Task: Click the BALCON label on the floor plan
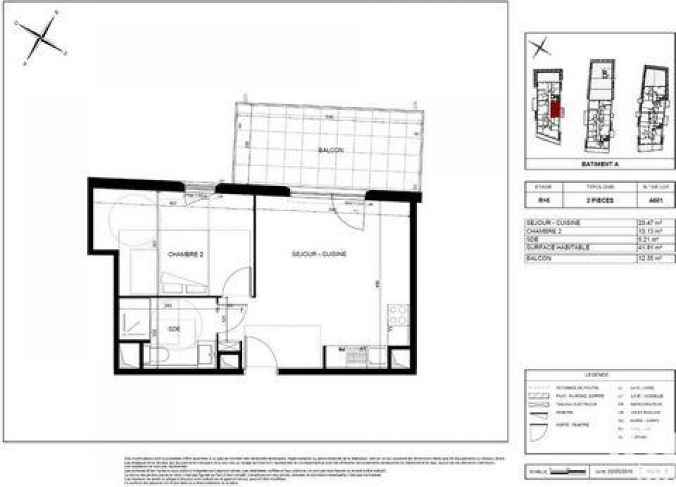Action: [x=331, y=150]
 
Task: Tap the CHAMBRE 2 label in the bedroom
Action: [x=185, y=254]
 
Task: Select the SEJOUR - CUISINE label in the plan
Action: [x=319, y=254]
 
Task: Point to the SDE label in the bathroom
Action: [x=174, y=329]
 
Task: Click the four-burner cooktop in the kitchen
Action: [x=397, y=315]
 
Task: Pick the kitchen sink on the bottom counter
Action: [x=355, y=356]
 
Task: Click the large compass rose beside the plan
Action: [x=41, y=37]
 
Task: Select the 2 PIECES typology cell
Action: [x=599, y=200]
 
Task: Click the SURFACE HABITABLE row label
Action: [x=550, y=247]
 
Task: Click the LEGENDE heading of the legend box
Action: [x=599, y=375]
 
